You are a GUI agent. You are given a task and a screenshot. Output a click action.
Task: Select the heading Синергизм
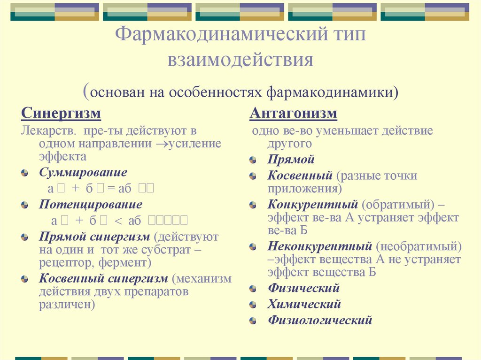[61, 114]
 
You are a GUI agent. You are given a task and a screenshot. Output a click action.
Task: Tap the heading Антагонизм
[293, 114]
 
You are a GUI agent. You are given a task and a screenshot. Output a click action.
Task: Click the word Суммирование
[83, 172]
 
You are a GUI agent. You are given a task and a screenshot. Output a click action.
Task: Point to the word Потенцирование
[91, 205]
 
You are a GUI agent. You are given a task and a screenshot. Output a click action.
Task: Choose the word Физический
[303, 288]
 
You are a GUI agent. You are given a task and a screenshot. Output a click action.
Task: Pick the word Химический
[304, 304]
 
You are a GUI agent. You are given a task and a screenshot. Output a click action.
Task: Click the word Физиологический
[320, 321]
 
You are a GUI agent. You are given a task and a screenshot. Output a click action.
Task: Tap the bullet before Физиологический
[253, 321]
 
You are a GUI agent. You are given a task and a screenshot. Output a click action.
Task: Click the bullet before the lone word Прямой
[253, 160]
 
